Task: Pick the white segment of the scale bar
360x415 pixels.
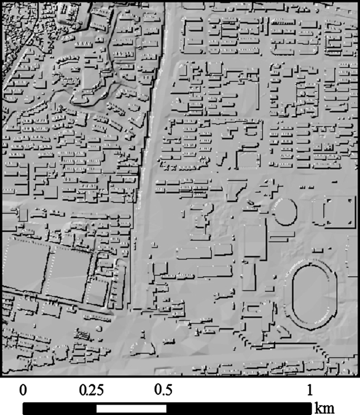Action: click(131, 408)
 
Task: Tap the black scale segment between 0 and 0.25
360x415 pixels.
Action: click(59, 408)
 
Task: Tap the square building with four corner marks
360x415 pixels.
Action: click(335, 211)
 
